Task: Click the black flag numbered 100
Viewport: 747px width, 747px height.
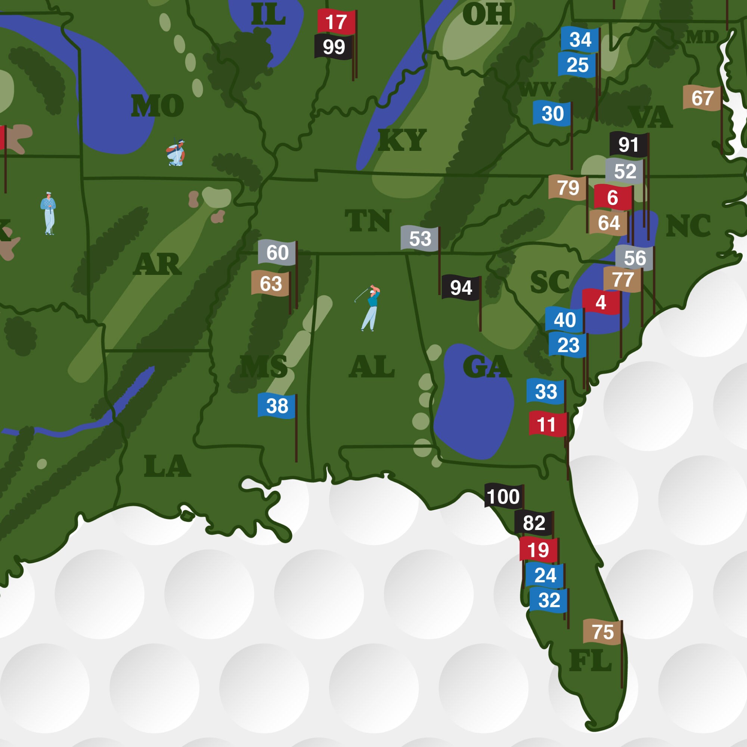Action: coord(503,496)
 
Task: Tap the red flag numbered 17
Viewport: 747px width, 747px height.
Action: coord(336,22)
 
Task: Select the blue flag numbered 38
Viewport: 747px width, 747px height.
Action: coord(276,406)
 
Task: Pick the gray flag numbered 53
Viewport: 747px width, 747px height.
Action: coord(420,239)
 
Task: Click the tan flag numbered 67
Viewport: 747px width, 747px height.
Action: coord(702,98)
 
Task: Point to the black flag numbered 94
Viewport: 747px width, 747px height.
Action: coord(461,288)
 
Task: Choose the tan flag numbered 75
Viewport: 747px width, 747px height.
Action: coord(602,632)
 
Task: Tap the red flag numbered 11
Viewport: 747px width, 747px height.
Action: coord(547,425)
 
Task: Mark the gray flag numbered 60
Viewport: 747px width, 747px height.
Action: coord(277,252)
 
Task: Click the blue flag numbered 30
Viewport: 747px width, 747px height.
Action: coord(552,114)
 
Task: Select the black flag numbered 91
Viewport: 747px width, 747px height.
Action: coord(628,145)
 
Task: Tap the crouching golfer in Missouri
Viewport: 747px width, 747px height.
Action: coord(176,153)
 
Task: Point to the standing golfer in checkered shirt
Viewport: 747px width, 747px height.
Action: coord(48,213)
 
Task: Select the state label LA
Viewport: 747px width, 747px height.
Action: coord(167,466)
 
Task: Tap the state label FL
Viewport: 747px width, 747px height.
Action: coord(590,661)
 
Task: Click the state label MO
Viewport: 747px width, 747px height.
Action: coord(157,106)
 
